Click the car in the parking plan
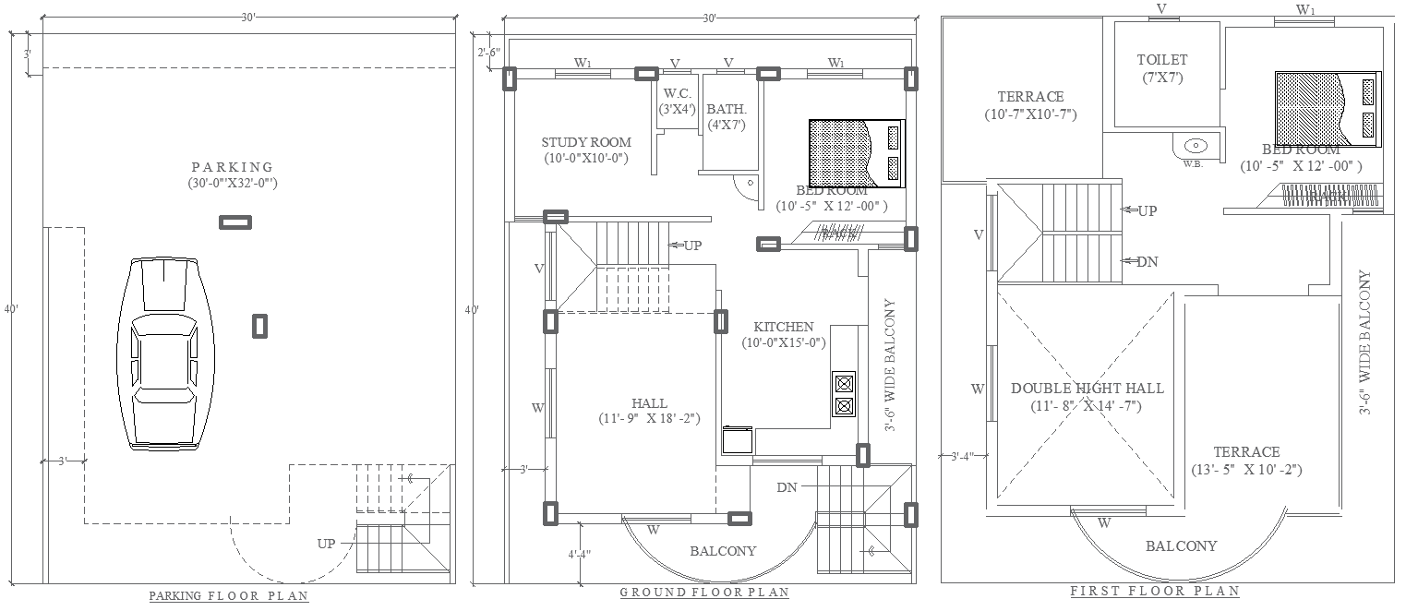[x=164, y=353]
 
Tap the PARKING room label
[x=233, y=167]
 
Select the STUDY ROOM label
[x=586, y=142]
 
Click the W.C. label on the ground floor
[x=677, y=93]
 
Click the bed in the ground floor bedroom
[x=856, y=152]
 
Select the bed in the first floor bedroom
[x=1328, y=108]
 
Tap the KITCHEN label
[x=784, y=327]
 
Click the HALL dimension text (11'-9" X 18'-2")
[x=650, y=419]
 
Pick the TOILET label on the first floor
[x=1161, y=60]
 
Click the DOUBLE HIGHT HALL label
[x=1087, y=389]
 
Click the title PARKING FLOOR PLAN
[x=229, y=596]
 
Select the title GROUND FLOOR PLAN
[x=703, y=593]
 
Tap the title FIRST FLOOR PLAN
[x=1154, y=591]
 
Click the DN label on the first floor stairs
[x=1147, y=262]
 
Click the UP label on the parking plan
[x=326, y=544]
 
